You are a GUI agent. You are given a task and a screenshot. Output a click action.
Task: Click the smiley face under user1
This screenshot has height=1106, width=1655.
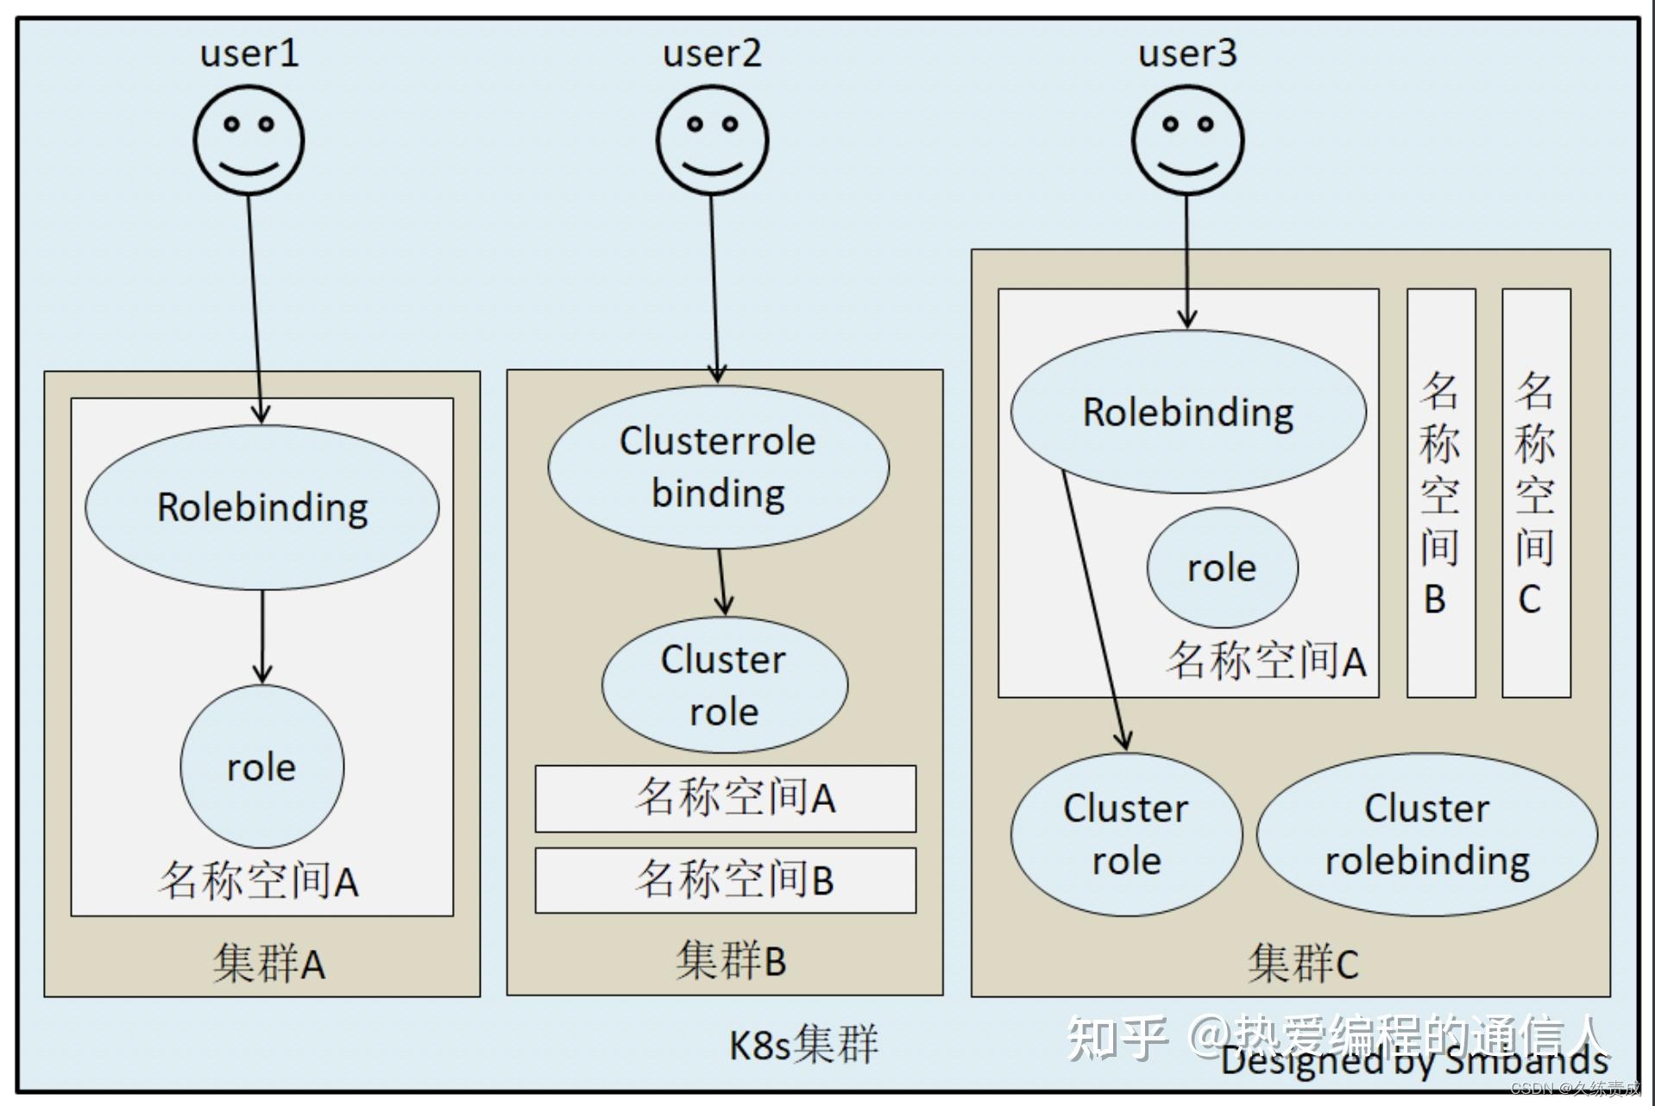tap(249, 140)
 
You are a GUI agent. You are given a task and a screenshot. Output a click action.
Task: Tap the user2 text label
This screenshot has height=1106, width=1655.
tap(712, 53)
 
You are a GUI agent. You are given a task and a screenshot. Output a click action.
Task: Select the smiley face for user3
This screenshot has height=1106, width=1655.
tap(1187, 140)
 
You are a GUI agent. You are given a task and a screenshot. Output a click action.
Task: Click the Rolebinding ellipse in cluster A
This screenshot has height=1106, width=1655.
tap(262, 507)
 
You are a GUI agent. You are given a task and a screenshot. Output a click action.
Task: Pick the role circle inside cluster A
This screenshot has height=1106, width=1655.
tap(261, 766)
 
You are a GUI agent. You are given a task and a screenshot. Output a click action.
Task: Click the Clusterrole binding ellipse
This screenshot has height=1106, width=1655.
tap(718, 467)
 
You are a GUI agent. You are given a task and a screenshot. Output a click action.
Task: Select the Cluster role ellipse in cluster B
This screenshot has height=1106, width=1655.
tap(724, 685)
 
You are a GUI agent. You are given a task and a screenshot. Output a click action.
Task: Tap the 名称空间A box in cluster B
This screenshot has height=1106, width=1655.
tap(726, 798)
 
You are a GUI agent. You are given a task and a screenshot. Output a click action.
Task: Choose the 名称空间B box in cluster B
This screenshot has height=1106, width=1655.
tap(726, 880)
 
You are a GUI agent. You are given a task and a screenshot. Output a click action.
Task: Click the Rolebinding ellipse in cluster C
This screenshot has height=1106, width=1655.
tap(1188, 412)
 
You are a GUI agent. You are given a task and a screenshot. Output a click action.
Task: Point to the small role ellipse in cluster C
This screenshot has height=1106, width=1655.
tap(1222, 568)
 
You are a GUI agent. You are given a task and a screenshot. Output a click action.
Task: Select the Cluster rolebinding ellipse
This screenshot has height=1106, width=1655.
tap(1426, 834)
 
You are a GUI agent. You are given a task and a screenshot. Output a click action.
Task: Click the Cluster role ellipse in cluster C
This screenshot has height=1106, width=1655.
tap(1126, 834)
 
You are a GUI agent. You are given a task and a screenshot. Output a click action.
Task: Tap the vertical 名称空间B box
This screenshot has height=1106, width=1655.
tap(1440, 493)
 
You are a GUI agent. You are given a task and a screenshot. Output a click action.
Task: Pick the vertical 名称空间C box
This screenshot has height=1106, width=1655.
tap(1535, 493)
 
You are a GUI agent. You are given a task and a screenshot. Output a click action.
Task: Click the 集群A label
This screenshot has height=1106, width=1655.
tap(268, 963)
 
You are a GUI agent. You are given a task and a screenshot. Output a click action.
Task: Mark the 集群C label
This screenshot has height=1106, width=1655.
tap(1302, 963)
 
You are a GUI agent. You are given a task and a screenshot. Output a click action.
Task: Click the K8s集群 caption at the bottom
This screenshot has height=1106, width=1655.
tap(803, 1044)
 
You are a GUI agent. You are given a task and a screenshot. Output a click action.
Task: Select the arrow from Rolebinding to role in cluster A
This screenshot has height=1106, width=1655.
tap(262, 637)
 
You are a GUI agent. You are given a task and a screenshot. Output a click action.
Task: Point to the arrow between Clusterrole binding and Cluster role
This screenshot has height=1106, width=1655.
tap(723, 582)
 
